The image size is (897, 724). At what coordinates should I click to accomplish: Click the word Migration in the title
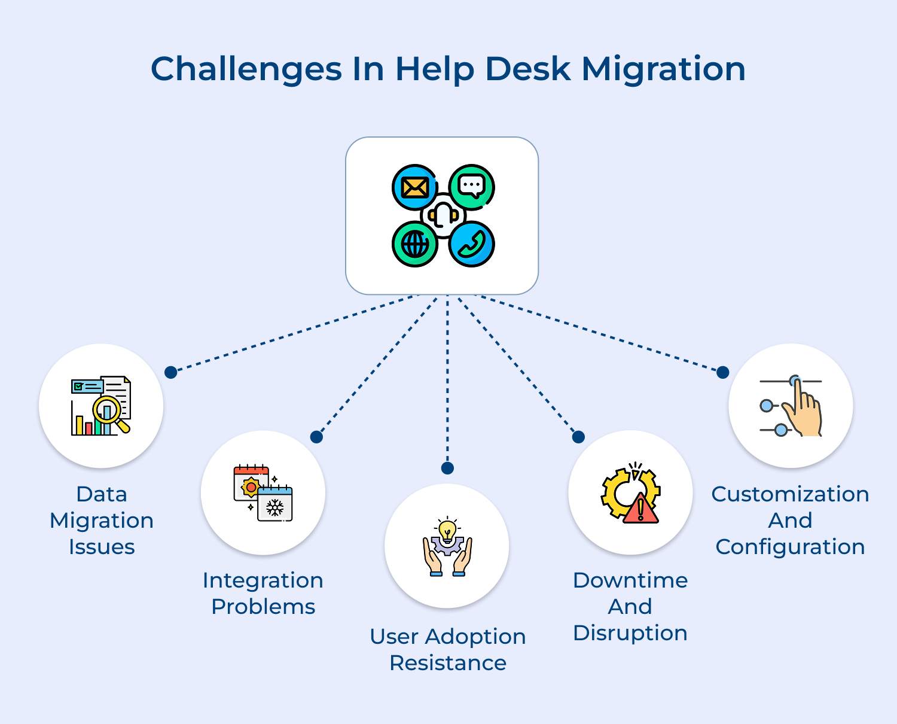663,69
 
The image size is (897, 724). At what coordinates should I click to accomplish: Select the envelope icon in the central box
414,187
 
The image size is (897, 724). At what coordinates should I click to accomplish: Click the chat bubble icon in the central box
471,186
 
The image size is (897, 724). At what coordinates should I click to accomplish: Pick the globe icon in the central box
414,244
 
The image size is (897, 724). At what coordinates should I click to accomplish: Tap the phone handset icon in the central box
471,244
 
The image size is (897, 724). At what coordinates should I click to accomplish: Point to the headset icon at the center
443,215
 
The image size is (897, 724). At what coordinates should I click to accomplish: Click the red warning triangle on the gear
640,509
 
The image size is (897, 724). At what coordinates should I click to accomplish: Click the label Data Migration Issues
102,520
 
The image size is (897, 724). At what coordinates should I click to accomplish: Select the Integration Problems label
263,593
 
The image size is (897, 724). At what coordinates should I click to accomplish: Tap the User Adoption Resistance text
448,649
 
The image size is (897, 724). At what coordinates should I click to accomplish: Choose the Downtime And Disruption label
630,606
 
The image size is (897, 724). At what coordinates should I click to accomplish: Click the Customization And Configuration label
790,520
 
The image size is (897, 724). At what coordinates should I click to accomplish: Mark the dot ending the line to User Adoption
447,468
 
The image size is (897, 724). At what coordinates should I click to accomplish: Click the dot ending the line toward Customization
722,372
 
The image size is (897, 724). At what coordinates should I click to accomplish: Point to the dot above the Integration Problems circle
316,437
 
